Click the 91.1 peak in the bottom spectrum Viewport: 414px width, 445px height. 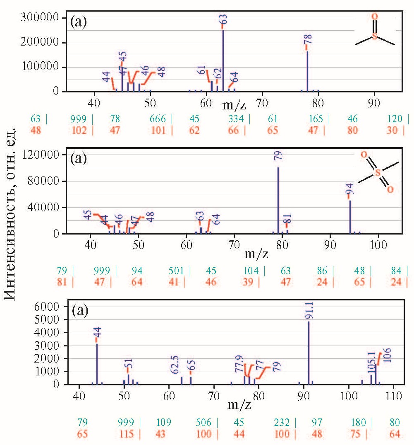tap(309, 352)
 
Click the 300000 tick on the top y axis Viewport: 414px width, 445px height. tap(41, 18)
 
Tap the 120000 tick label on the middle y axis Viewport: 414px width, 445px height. tap(41, 155)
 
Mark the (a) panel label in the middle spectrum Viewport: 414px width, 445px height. tap(79, 158)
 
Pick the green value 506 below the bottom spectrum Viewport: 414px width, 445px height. tap(204, 423)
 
